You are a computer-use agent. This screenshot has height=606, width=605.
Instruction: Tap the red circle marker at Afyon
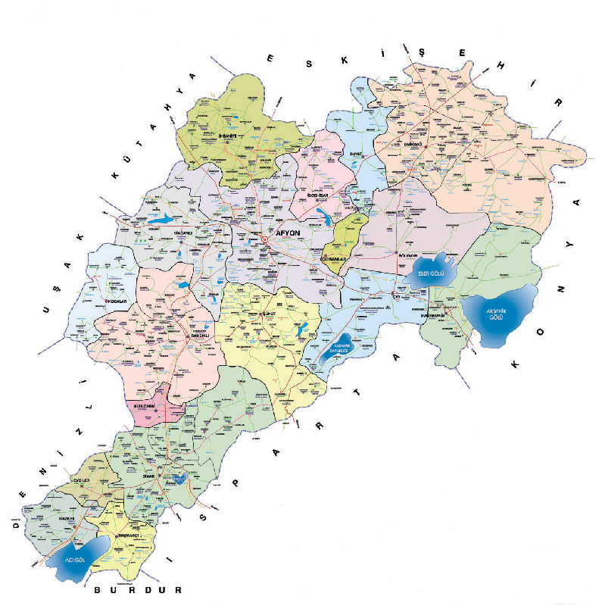[265, 240]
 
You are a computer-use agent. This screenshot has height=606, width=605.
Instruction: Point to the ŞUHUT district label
[267, 312]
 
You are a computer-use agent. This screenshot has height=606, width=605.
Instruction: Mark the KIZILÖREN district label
[143, 407]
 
